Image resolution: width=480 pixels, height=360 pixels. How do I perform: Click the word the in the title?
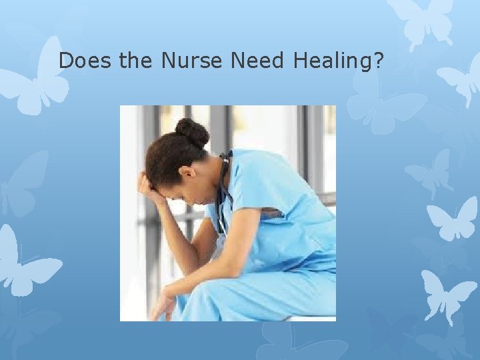pyautogui.click(x=136, y=61)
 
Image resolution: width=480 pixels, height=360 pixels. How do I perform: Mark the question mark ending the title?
pyautogui.click(x=379, y=61)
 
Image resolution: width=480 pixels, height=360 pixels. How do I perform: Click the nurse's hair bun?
pyautogui.click(x=193, y=132)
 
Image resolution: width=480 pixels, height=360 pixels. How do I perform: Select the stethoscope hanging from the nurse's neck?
pyautogui.click(x=222, y=193)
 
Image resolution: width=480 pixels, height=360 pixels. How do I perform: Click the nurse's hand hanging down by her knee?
pyautogui.click(x=161, y=307)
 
